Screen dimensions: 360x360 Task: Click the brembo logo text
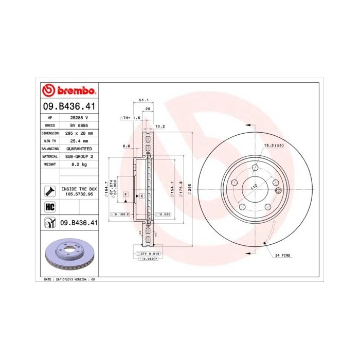(x=74, y=91)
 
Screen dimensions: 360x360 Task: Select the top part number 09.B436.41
(x=68, y=106)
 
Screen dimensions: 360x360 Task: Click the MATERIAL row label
(x=50, y=156)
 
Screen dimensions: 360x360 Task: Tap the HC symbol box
(x=50, y=206)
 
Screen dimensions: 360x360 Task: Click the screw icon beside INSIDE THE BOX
(x=50, y=191)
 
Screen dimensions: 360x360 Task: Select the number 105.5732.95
(x=79, y=195)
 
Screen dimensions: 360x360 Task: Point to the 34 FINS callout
(x=283, y=256)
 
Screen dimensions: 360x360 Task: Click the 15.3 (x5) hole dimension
(x=274, y=146)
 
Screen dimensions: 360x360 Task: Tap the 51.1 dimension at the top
(x=144, y=100)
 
